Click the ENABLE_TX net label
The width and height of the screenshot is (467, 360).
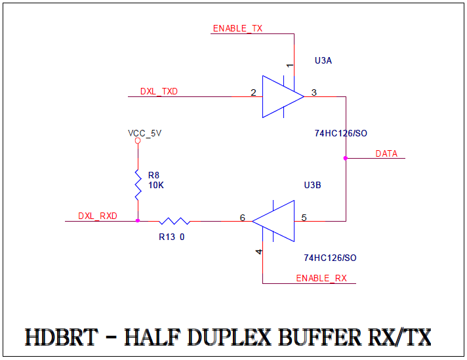tap(237, 29)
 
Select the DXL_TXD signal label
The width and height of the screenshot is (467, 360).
tap(159, 92)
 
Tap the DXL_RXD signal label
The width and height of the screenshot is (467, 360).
tap(98, 216)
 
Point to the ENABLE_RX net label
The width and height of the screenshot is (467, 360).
tap(321, 278)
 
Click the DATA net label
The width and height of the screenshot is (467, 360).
tap(386, 153)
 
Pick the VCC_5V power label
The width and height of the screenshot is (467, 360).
tap(144, 133)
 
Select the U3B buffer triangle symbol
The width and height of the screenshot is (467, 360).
tap(275, 221)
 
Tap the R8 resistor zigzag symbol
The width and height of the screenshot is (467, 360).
tap(138, 185)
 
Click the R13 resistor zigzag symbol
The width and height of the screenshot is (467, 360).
tap(174, 221)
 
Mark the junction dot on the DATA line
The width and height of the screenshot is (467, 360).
tap(346, 158)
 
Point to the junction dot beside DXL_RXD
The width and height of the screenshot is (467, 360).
tap(138, 221)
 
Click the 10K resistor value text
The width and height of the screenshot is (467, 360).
tap(155, 185)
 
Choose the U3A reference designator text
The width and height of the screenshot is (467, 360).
tap(323, 60)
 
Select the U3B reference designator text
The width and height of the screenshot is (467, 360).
tap(312, 186)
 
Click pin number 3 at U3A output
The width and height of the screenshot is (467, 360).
tap(314, 92)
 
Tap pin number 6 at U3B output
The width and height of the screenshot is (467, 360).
tap(243, 217)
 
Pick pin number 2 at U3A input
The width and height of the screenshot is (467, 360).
tap(253, 92)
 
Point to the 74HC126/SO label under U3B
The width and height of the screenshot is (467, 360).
tap(330, 258)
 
